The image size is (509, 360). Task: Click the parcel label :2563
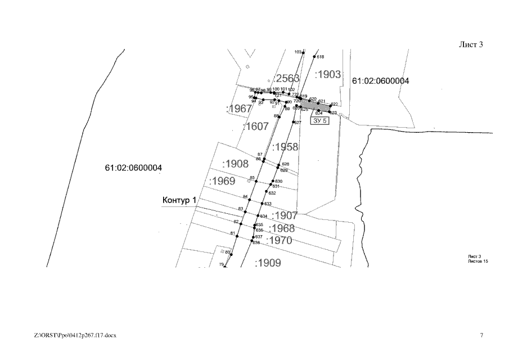click(286, 78)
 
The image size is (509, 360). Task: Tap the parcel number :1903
click(328, 74)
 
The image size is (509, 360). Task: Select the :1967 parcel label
click(238, 109)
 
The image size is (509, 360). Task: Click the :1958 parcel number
click(285, 147)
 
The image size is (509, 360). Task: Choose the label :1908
click(235, 164)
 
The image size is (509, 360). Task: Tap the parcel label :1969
click(222, 181)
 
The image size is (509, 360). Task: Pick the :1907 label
click(285, 215)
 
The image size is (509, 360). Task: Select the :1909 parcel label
click(268, 263)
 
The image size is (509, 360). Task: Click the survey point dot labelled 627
click(294, 122)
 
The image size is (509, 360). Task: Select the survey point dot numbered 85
click(256, 180)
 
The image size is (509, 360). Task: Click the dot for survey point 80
click(231, 254)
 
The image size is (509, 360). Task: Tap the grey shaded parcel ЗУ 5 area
click(314, 106)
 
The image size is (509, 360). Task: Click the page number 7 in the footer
click(481, 335)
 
